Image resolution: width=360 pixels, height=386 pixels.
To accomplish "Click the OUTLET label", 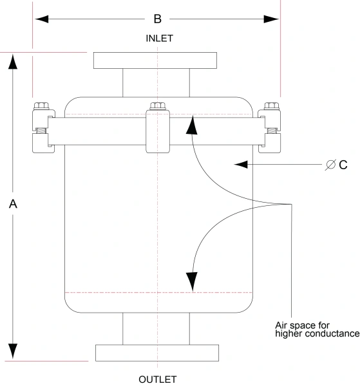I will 157,379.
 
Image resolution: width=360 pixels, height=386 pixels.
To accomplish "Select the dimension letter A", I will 12,204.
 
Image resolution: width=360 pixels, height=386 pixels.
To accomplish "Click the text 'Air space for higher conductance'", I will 316,329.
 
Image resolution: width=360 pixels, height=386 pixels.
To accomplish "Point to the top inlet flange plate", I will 156,60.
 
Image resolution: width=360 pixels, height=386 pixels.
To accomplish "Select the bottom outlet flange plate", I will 157,353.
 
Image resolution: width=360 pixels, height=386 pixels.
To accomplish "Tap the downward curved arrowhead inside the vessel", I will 191,281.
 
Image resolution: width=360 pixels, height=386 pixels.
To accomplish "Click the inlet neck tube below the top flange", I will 156,82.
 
